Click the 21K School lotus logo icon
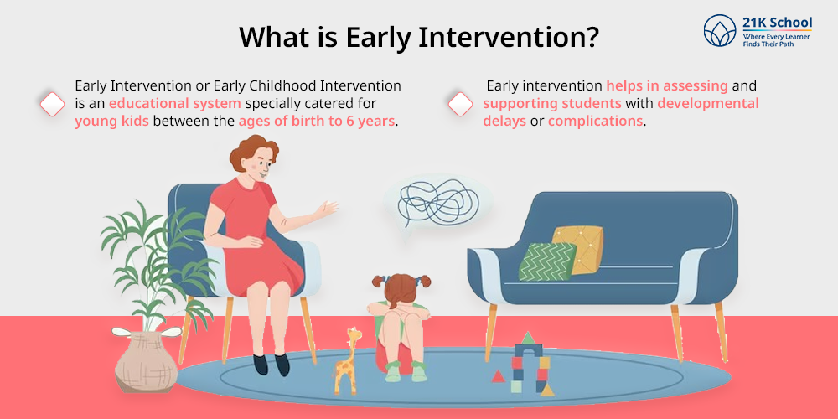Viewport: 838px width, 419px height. click(x=719, y=30)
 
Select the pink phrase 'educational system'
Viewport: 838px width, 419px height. click(x=176, y=103)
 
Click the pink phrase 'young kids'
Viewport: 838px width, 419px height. click(x=111, y=122)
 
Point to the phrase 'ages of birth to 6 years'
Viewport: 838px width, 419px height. click(x=317, y=122)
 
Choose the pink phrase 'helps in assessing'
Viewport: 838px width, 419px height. click(x=667, y=85)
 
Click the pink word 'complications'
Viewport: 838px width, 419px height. click(x=595, y=122)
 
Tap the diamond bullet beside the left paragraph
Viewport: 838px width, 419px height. click(x=52, y=104)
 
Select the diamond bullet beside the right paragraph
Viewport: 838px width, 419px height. click(x=460, y=104)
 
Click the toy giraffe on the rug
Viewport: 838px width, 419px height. click(x=346, y=360)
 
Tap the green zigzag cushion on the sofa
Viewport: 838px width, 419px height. click(x=547, y=261)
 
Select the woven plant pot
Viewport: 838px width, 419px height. click(x=139, y=362)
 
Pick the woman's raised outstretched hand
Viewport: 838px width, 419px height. click(x=326, y=209)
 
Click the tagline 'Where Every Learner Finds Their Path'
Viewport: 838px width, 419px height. click(x=776, y=40)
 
